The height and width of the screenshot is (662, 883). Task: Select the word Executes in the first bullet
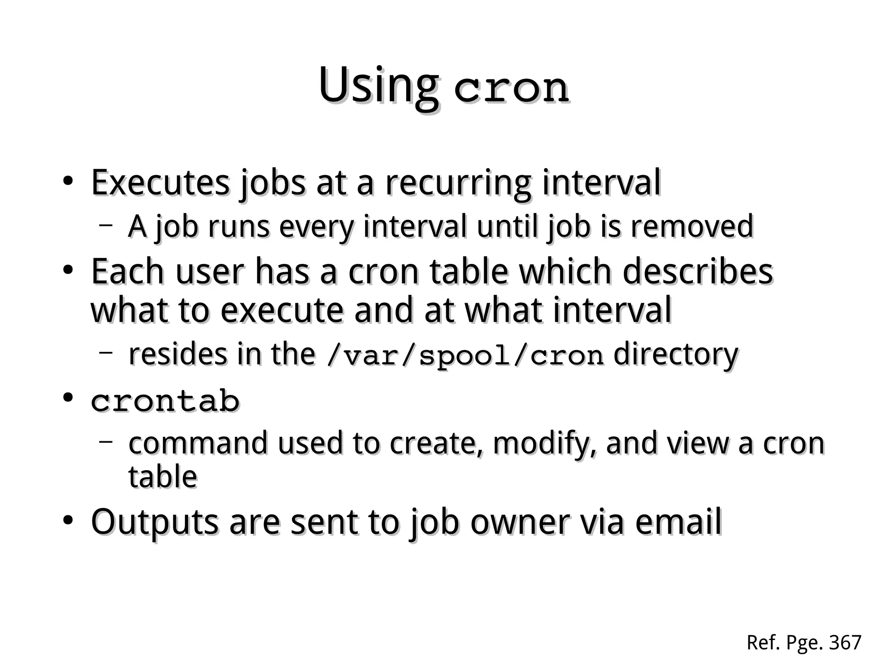tap(160, 182)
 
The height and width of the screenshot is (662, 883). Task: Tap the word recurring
tap(457, 183)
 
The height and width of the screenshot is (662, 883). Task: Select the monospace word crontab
tap(165, 401)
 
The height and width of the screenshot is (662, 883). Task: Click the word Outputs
tap(155, 522)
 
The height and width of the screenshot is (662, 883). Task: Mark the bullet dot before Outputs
tap(67, 521)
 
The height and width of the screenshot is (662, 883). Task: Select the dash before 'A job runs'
tap(105, 224)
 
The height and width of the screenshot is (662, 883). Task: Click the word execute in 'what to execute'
tap(282, 310)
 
